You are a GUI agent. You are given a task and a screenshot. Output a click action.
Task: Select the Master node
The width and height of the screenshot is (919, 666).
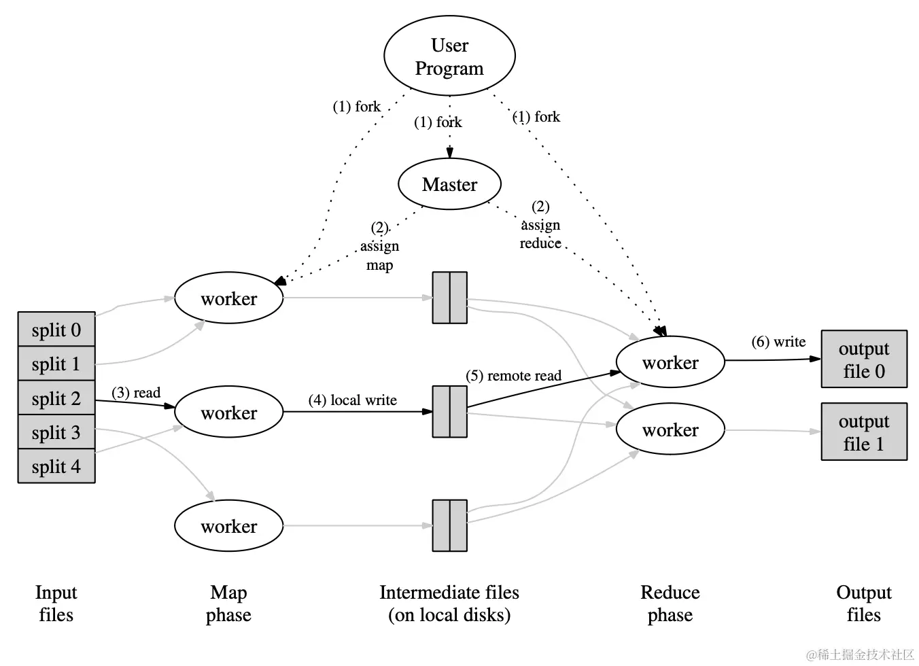point(449,184)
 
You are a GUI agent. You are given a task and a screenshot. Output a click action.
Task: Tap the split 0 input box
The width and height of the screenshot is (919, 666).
point(56,330)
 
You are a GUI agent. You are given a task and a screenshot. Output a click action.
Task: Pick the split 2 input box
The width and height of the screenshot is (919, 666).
point(56,398)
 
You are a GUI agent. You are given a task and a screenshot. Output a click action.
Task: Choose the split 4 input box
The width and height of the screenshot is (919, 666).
point(56,467)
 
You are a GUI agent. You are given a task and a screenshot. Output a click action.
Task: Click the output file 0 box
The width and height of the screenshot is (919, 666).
point(864,360)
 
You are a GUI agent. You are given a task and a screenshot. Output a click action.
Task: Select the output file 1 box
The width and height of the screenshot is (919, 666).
point(864,432)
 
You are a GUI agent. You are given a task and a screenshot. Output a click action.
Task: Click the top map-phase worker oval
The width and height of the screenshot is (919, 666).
point(228,298)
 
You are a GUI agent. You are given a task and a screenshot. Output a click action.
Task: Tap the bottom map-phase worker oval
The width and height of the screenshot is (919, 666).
point(228,526)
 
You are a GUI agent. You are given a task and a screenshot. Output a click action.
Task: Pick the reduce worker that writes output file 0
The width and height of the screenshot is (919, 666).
point(670,362)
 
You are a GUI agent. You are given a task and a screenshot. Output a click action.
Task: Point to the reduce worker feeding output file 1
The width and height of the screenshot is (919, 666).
point(670,430)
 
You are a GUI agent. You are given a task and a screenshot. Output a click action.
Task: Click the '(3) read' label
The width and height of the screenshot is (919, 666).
point(136,393)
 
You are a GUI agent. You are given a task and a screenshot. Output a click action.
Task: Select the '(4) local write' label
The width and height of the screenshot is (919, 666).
point(352,400)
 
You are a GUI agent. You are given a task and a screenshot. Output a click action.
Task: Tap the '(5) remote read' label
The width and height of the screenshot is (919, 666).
point(513,376)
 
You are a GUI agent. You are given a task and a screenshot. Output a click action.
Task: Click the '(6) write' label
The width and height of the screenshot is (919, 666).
point(778,342)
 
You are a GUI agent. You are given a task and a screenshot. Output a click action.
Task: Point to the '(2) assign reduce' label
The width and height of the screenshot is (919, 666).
point(540,225)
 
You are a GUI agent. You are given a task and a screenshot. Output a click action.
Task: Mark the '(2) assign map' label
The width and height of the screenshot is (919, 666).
point(379,246)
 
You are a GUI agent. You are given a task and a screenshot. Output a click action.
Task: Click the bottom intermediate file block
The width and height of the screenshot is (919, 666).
point(449,525)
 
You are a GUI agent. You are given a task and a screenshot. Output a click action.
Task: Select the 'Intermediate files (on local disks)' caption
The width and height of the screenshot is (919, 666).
point(449,603)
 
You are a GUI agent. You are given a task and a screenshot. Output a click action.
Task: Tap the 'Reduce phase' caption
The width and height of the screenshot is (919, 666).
point(670,603)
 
